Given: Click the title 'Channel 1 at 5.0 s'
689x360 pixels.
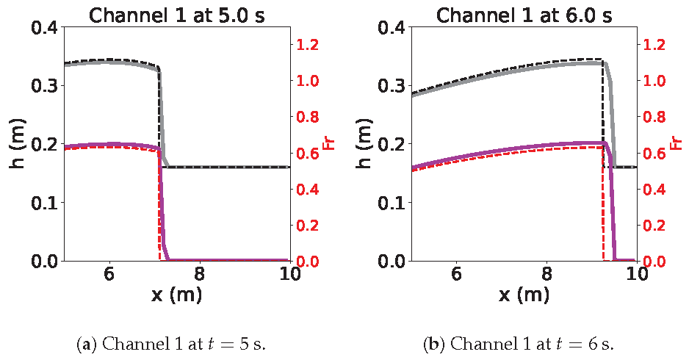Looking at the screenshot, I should [177, 14].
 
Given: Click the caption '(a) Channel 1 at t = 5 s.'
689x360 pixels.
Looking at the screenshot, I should [170, 343].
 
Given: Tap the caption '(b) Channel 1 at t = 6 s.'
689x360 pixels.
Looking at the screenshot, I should [519, 343].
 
